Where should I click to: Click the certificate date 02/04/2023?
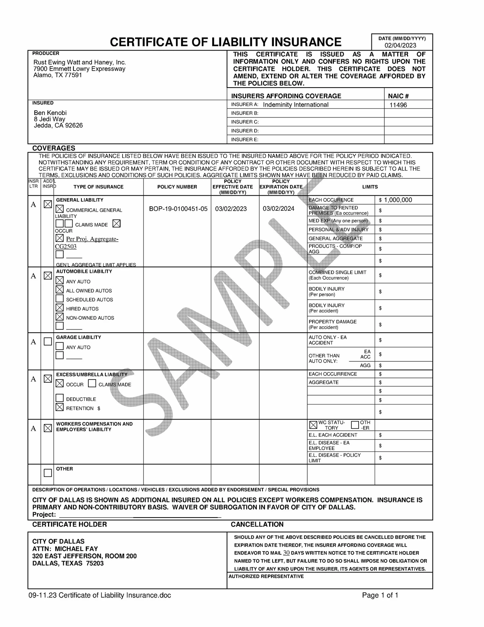point(400,45)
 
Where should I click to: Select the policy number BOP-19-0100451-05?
point(178,209)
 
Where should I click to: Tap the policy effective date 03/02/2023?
point(231,209)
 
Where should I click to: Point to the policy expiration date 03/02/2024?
point(278,209)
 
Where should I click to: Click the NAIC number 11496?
point(398,105)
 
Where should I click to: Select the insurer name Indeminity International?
point(296,105)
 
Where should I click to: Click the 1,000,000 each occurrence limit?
point(398,200)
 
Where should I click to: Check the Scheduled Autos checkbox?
point(60,299)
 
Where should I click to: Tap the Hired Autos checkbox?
point(60,308)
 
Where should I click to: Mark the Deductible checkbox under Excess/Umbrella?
point(60,398)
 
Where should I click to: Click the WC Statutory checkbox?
point(313,425)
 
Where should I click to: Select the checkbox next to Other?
point(48,473)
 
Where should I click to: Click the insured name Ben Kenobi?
point(50,113)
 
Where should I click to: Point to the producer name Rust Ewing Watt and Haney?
point(79,62)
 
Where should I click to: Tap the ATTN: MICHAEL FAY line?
point(65,549)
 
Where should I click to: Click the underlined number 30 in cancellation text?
point(286,553)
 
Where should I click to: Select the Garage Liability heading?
point(78,337)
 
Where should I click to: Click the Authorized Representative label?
point(266,576)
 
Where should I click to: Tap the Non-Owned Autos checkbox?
point(60,317)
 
